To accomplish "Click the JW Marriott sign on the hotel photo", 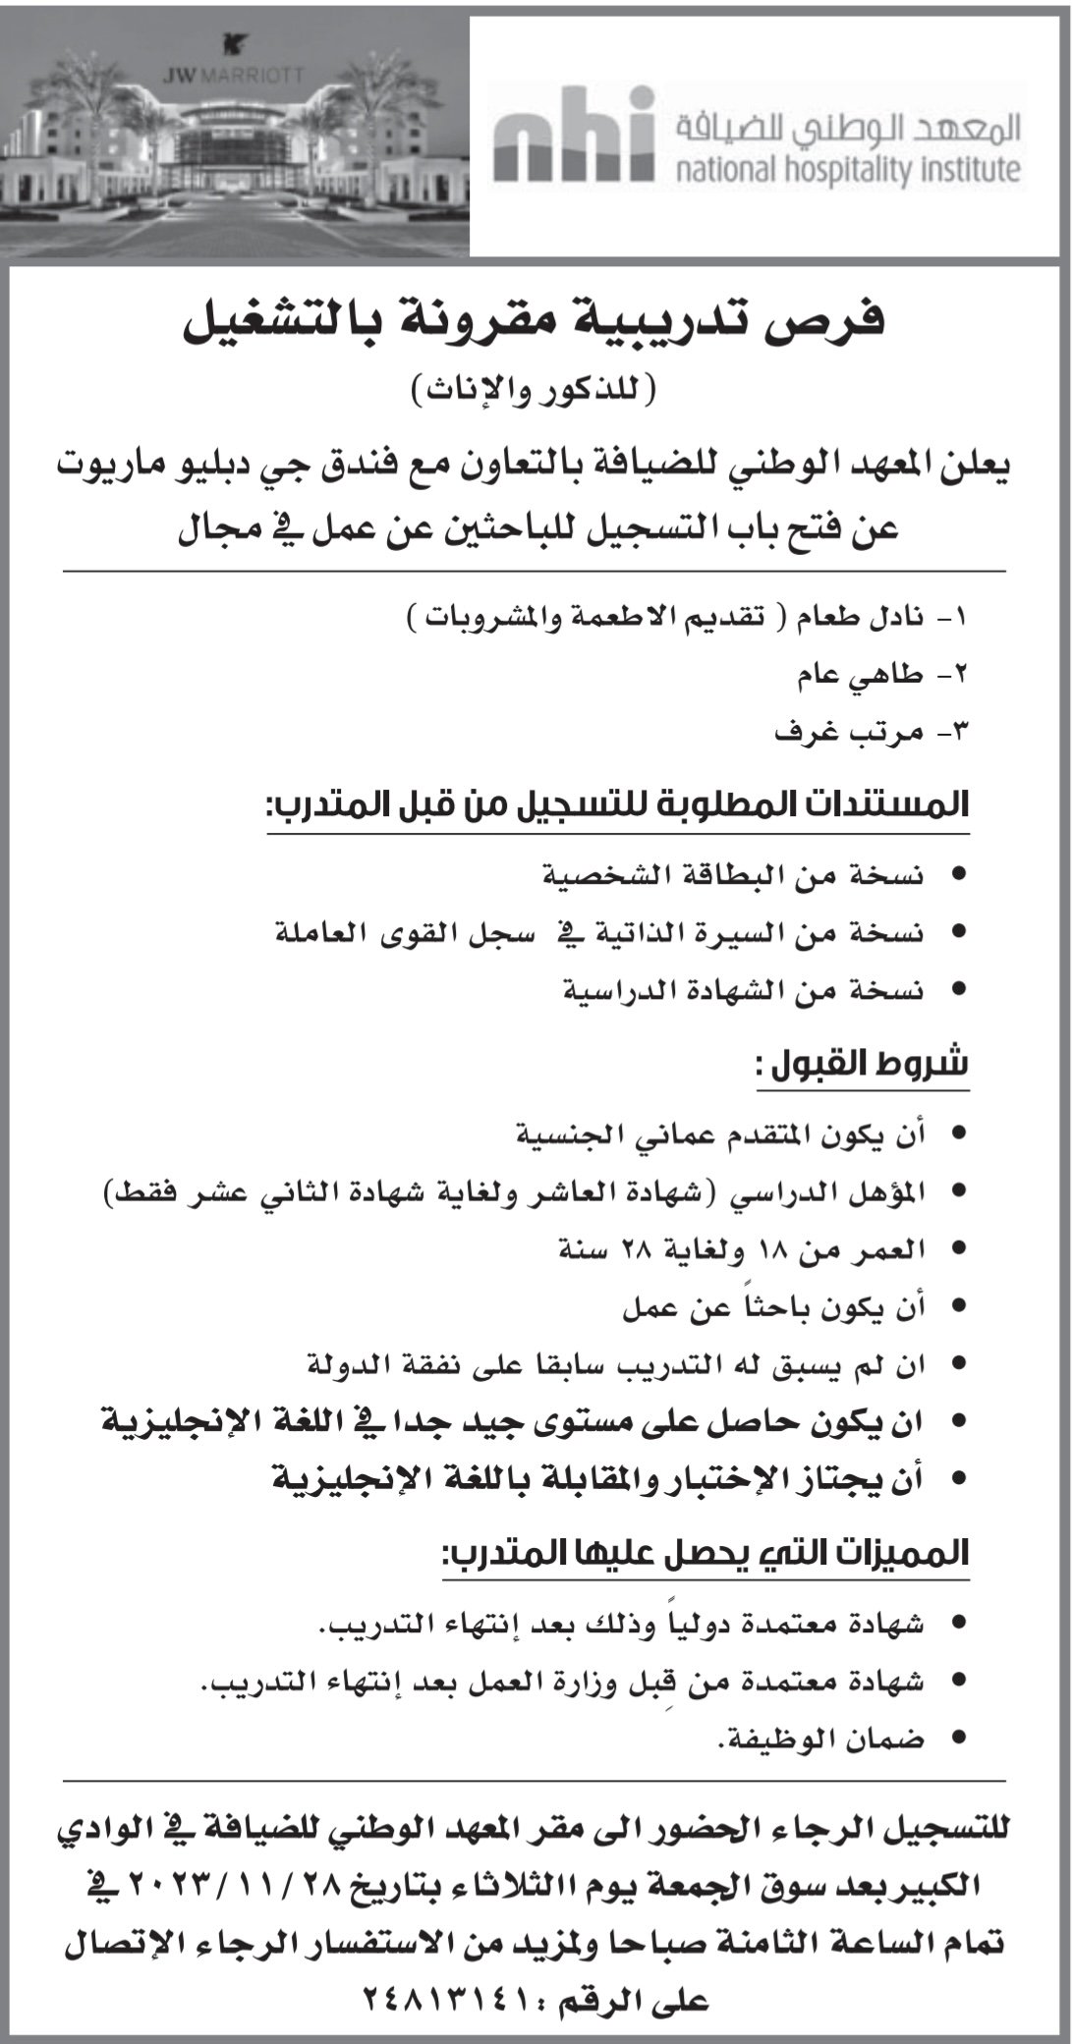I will pos(234,72).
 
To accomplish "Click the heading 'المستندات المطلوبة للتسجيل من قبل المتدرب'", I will pos(619,806).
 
